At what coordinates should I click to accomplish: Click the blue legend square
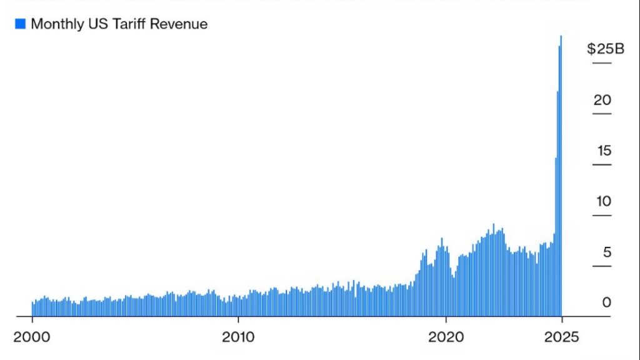pyautogui.click(x=20, y=24)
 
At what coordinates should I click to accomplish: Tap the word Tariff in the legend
pyautogui.click(x=127, y=24)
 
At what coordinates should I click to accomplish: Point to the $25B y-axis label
pyautogui.click(x=605, y=49)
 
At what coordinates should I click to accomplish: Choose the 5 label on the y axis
pyautogui.click(x=606, y=252)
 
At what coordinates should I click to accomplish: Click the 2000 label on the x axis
pyautogui.click(x=32, y=337)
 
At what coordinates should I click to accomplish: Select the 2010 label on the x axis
pyautogui.click(x=238, y=337)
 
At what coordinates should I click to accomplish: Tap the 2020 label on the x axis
pyautogui.click(x=446, y=337)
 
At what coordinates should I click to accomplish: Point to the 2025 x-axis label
pyautogui.click(x=562, y=337)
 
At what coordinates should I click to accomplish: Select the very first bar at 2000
pyautogui.click(x=32, y=309)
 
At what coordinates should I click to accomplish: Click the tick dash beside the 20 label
pyautogui.click(x=602, y=114)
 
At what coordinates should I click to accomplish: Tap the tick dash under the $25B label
pyautogui.click(x=602, y=63)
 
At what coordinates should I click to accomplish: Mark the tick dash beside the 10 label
pyautogui.click(x=602, y=216)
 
